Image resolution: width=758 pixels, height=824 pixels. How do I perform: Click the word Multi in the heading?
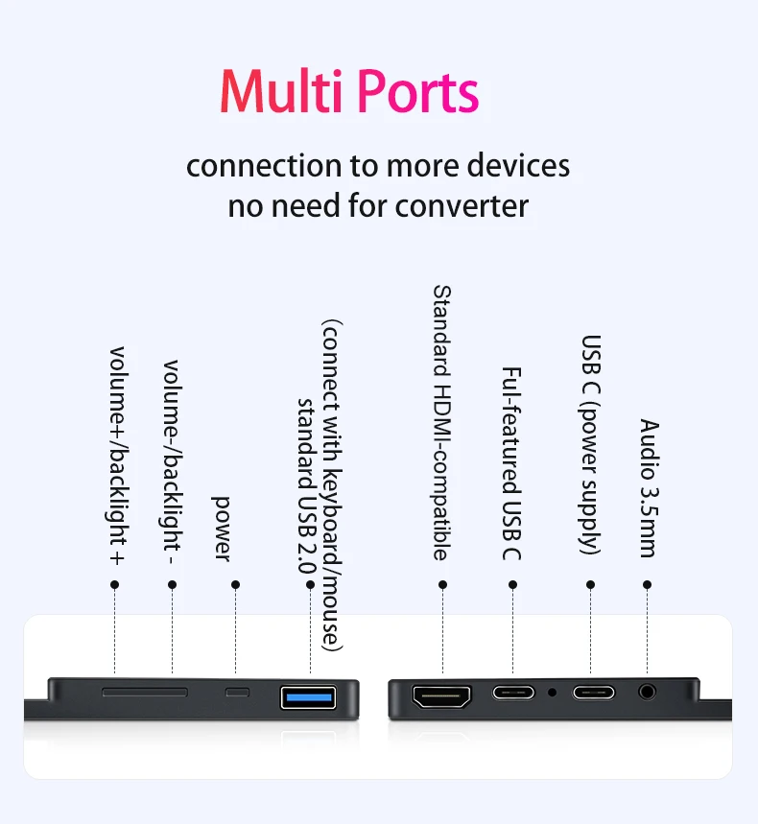pyautogui.click(x=282, y=92)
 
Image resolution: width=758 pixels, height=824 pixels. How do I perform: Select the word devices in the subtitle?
pyautogui.click(x=518, y=165)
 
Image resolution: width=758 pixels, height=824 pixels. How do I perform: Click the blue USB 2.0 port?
pyautogui.click(x=309, y=696)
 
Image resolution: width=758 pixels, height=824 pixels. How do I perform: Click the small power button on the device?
pyautogui.click(x=236, y=692)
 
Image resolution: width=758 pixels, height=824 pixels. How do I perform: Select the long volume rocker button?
pyautogui.click(x=145, y=691)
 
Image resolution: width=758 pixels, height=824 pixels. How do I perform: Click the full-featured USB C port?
pyautogui.click(x=513, y=692)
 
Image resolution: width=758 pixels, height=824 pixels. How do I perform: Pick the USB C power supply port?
pyautogui.click(x=593, y=692)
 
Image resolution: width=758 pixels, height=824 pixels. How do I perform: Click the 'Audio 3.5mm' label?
pyautogui.click(x=649, y=488)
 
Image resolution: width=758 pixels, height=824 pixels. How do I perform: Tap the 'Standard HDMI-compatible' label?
pyautogui.click(x=441, y=422)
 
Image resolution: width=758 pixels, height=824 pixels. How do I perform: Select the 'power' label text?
pyautogui.click(x=222, y=528)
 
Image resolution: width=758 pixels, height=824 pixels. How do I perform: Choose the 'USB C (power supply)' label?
pyautogui.click(x=592, y=444)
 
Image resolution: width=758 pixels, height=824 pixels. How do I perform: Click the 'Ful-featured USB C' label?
pyautogui.click(x=511, y=463)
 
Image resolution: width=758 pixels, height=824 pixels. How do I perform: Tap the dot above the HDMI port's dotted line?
pyautogui.click(x=442, y=584)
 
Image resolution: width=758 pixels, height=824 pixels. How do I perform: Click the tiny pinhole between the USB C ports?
pyautogui.click(x=552, y=691)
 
